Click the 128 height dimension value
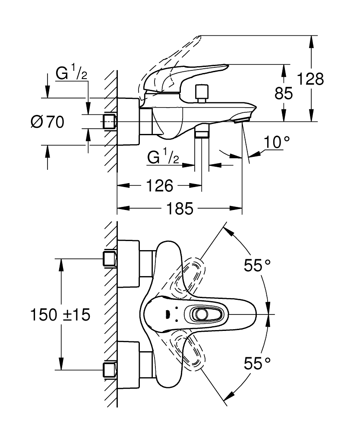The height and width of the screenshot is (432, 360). (311, 79)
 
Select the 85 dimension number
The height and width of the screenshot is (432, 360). (284, 93)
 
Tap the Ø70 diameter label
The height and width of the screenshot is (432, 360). (47, 122)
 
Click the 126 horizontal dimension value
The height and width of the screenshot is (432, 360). (160, 186)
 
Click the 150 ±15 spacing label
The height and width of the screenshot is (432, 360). (60, 314)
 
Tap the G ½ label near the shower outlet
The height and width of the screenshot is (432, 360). (163, 158)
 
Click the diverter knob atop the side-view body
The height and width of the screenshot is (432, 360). (201, 93)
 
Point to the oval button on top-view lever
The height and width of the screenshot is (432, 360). (201, 314)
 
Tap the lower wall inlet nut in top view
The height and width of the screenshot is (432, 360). (111, 370)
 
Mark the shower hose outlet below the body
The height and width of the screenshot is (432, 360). (201, 132)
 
